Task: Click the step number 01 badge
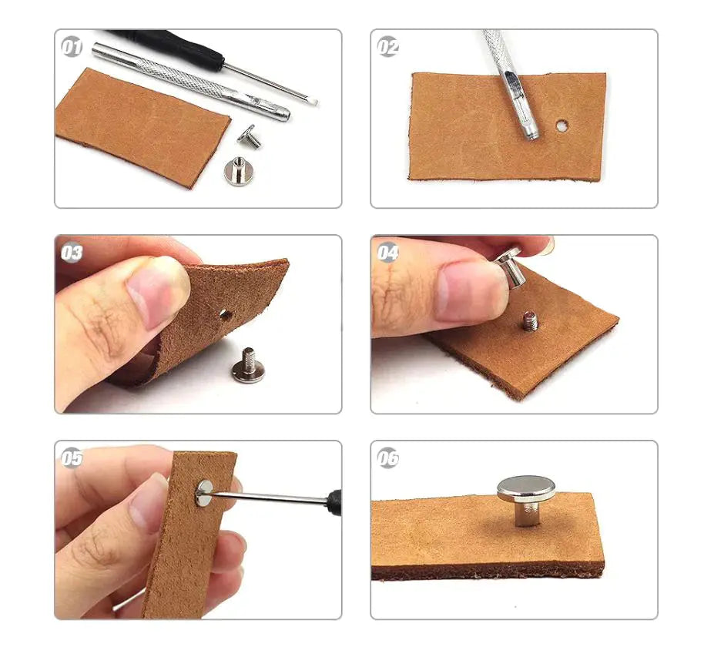tap(72, 46)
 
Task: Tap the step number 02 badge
tap(387, 46)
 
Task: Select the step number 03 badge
tap(72, 252)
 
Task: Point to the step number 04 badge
tap(387, 252)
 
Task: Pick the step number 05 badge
tap(72, 458)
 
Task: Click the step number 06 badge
tap(387, 458)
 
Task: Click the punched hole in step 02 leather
tap(562, 125)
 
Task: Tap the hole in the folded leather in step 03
tap(224, 313)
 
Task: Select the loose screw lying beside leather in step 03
tap(246, 365)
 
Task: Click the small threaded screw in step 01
tap(250, 136)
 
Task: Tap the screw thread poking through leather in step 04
tap(528, 320)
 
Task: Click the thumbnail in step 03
tap(158, 293)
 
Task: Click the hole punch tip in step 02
tap(531, 133)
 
